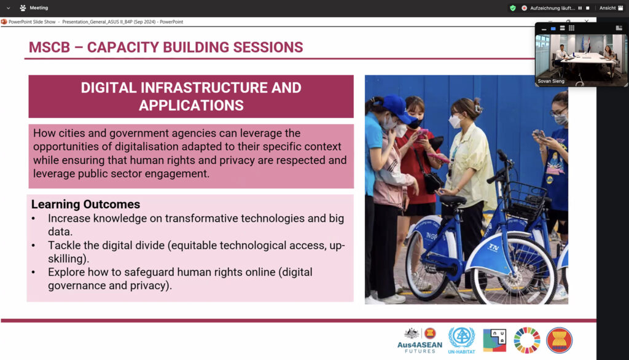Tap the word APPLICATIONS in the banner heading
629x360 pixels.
tap(192, 106)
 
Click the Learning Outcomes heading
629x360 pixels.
tap(86, 205)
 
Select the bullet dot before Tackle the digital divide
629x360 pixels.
tap(34, 246)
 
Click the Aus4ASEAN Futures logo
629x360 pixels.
tap(420, 341)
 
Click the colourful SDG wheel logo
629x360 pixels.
tap(526, 340)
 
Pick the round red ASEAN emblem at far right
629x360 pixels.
tap(559, 340)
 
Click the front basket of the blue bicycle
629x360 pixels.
tap(526, 200)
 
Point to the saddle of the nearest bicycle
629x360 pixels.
tap(452, 199)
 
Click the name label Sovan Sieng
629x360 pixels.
tap(551, 81)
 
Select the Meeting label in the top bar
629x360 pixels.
tap(39, 7)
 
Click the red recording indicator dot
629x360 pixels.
tap(524, 8)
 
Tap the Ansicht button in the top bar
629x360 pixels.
tap(608, 8)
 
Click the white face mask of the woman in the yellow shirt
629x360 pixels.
tap(455, 121)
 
